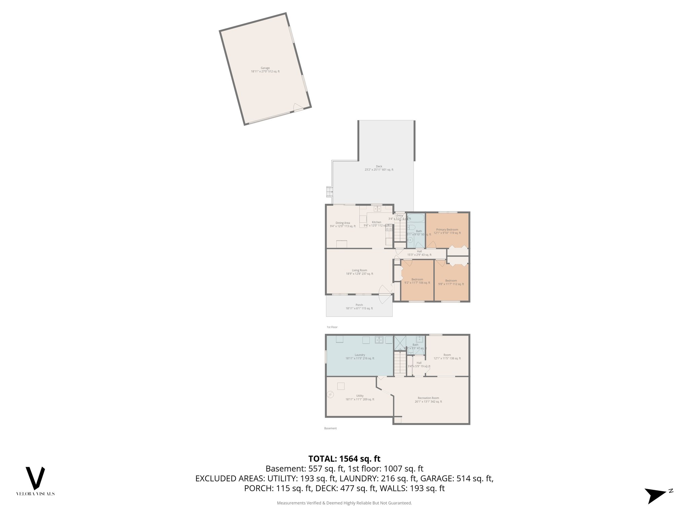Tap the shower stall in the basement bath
click(400, 342)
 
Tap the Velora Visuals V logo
click(35, 478)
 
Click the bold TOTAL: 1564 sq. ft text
click(344, 459)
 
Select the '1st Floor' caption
click(332, 327)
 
